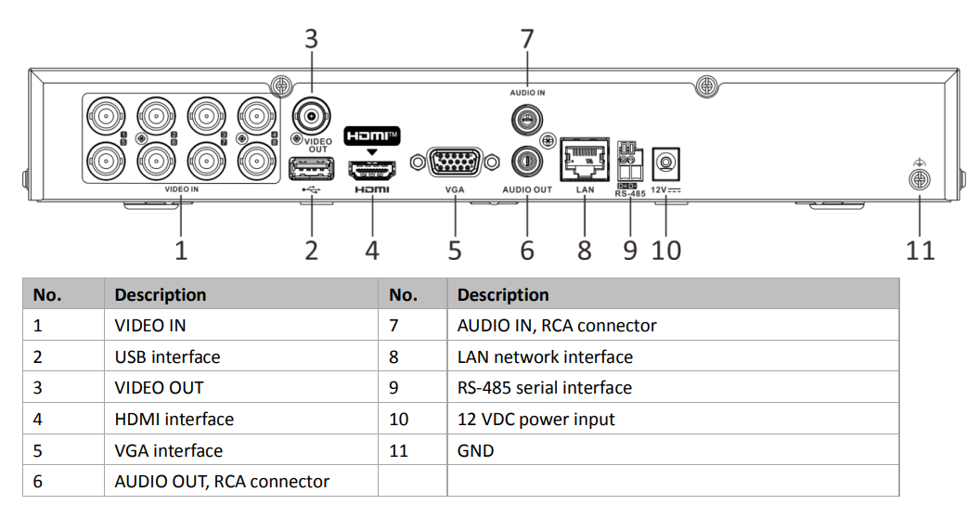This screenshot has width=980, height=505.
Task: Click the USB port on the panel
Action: click(312, 169)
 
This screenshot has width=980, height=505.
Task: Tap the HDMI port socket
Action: click(371, 170)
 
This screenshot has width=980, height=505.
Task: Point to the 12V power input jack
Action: click(665, 164)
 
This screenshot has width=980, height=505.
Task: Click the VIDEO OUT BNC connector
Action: click(312, 118)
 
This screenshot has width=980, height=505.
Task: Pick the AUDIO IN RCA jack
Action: click(526, 119)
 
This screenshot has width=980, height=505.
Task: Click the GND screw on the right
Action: click(919, 180)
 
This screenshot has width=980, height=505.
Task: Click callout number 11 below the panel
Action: click(920, 250)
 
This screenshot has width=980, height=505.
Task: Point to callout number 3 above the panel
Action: click(312, 39)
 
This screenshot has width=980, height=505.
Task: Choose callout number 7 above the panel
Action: click(527, 39)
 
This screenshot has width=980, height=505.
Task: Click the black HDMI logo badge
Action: click(371, 136)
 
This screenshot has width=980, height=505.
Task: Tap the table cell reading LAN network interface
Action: click(545, 356)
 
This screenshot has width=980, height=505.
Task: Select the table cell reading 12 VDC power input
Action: click(535, 420)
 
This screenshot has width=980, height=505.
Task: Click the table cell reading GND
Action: click(475, 451)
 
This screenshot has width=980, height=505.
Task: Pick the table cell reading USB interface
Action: click(167, 356)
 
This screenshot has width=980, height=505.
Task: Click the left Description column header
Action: click(160, 295)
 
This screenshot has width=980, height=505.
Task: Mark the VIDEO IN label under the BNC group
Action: click(181, 189)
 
